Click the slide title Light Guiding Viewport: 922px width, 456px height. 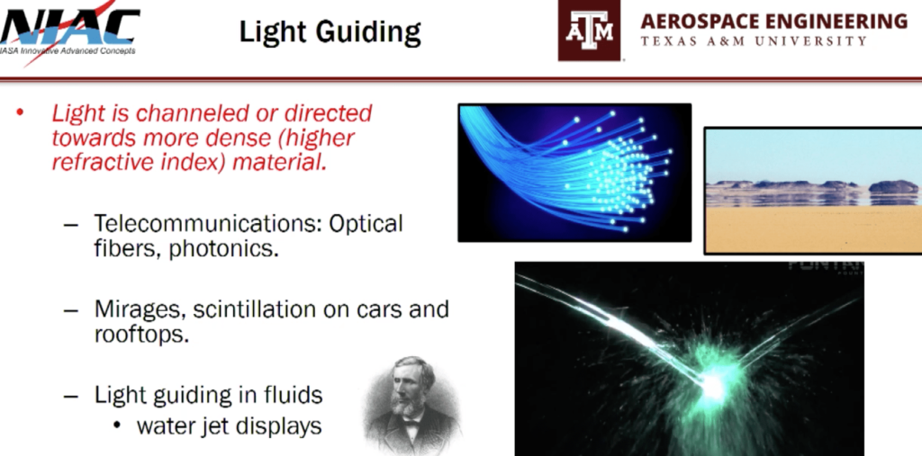tap(330, 33)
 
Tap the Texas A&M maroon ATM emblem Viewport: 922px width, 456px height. tap(589, 30)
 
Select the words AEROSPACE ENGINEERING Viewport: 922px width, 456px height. tap(773, 21)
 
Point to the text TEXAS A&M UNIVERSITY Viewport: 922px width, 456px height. tap(755, 41)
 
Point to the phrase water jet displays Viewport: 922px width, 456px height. tap(229, 425)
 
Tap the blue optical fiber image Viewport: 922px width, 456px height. tap(574, 172)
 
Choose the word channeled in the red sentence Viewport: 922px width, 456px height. tap(171, 113)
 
